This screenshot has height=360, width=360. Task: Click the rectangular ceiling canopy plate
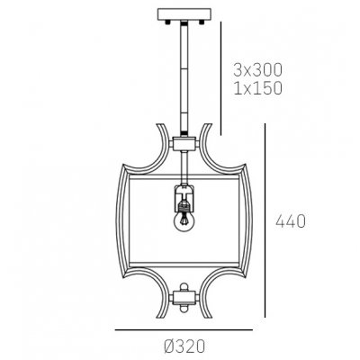click(184, 15)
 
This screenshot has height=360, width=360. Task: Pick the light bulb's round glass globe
click(184, 224)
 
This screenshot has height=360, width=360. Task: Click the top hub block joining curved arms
click(184, 142)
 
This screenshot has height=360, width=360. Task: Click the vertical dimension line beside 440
click(265, 220)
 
